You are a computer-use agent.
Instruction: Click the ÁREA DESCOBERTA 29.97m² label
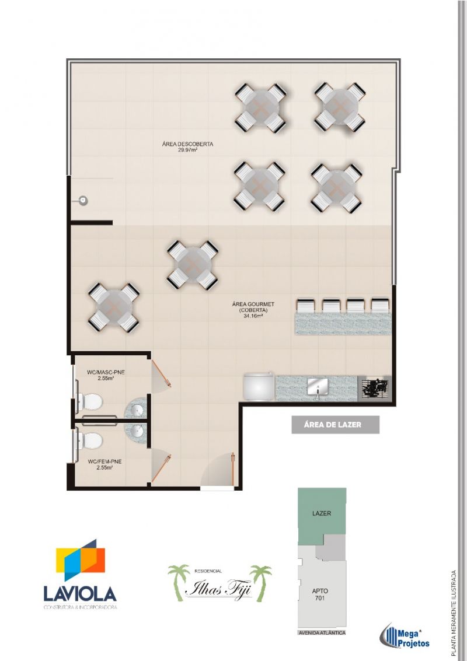pyautogui.click(x=187, y=146)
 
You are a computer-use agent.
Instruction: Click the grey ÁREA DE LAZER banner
pyautogui.click(x=335, y=425)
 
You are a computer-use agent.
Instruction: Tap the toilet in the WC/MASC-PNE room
pyautogui.click(x=89, y=402)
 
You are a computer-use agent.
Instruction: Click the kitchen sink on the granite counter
pyautogui.click(x=318, y=386)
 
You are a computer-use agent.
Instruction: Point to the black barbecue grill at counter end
pyautogui.click(x=375, y=386)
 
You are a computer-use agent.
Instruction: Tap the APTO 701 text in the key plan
pyautogui.click(x=320, y=594)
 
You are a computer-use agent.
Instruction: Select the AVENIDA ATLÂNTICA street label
pyautogui.click(x=322, y=633)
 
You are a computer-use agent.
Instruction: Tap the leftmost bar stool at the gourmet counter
pyautogui.click(x=306, y=306)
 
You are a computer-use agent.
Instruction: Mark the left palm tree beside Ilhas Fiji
pyautogui.click(x=178, y=579)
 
